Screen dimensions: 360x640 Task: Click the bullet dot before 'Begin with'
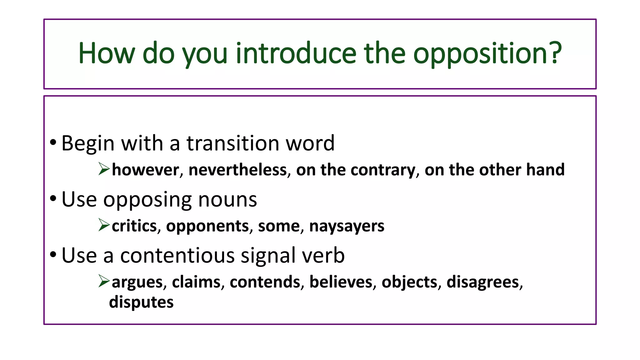(53, 142)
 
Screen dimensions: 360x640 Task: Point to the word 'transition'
(233, 143)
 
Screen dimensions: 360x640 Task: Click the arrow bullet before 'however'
(104, 169)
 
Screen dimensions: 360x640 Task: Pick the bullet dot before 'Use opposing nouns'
(53, 198)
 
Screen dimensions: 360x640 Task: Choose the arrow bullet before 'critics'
(104, 225)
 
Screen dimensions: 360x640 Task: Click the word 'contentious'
(177, 255)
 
